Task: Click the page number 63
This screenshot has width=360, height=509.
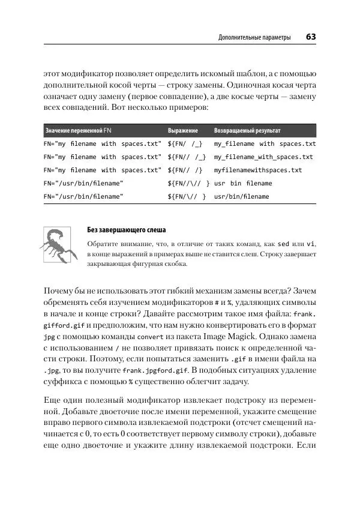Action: (311, 37)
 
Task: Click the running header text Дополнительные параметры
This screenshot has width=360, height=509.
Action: (254, 38)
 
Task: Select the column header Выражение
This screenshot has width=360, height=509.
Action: (183, 130)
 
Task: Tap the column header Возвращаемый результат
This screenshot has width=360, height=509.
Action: (247, 130)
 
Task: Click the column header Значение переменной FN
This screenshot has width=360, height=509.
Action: (79, 130)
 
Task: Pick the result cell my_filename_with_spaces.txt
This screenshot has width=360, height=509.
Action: (263, 157)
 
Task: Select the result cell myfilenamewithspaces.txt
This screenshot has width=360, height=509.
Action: (258, 170)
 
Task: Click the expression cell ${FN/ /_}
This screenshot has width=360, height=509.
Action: (185, 144)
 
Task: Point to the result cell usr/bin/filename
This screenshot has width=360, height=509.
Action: (242, 196)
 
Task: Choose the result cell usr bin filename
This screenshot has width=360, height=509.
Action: (243, 183)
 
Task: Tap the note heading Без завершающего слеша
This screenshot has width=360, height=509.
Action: (126, 230)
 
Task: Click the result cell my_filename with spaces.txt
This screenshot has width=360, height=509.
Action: (265, 144)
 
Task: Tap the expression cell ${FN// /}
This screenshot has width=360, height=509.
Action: (185, 170)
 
